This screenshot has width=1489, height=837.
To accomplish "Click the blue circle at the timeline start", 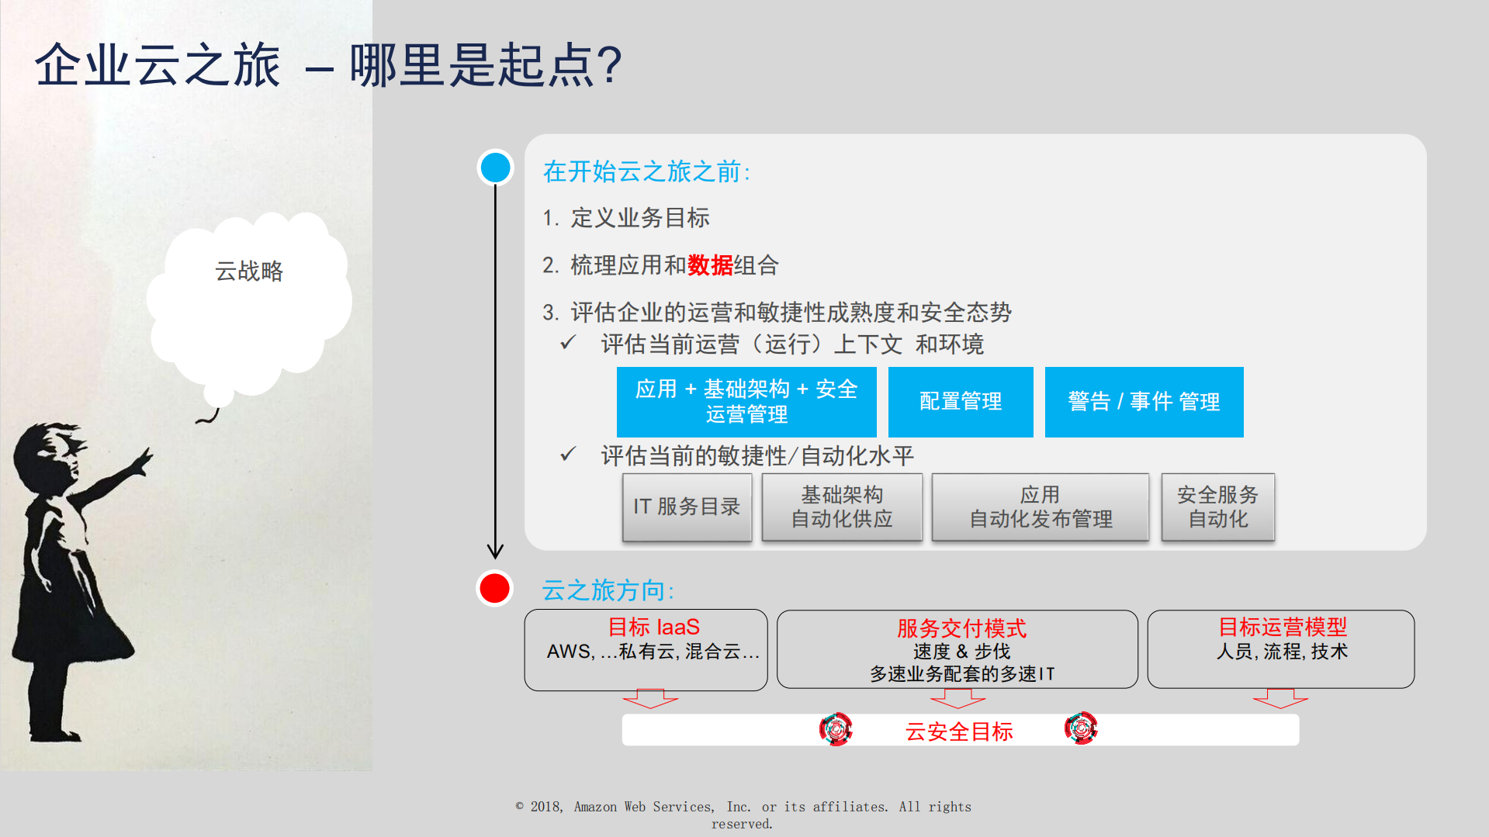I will (x=495, y=168).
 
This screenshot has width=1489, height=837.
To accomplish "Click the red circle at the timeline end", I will (x=494, y=589).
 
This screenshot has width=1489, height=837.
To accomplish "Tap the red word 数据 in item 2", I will (x=710, y=265).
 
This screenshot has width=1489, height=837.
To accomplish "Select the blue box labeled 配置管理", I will (x=961, y=402).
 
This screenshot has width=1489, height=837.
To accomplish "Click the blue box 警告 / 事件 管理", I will (x=1144, y=402).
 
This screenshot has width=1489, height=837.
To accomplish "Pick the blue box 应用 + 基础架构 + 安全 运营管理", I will (x=746, y=402).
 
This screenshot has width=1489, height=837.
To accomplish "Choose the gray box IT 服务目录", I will (x=687, y=507).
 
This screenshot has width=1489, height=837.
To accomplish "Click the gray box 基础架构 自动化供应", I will (x=842, y=507).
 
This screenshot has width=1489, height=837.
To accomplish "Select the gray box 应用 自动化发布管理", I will (x=1040, y=507).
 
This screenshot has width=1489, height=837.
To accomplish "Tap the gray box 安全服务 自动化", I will (x=1217, y=507).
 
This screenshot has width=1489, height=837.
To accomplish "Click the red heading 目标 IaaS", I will (x=653, y=627).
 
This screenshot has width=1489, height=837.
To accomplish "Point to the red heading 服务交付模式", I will (x=961, y=628).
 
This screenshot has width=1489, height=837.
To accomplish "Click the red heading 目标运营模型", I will (x=1282, y=627).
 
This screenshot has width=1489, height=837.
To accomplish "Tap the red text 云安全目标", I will (x=959, y=731).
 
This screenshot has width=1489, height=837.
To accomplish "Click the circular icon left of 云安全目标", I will (x=836, y=729).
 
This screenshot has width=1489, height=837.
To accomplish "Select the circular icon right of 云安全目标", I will (x=1081, y=728).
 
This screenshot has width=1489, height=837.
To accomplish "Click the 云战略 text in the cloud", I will (x=249, y=271).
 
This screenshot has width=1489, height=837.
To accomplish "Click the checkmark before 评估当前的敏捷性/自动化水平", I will (x=568, y=454).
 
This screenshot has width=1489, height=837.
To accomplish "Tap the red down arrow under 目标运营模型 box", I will (x=1280, y=698).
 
